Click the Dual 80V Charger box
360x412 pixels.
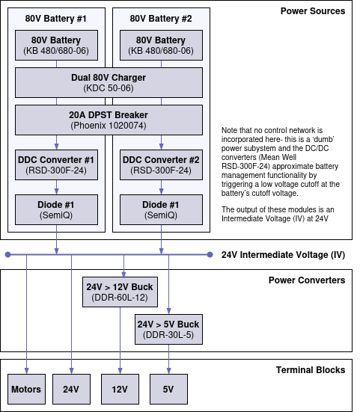[109, 83]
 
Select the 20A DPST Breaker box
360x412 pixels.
[109, 120]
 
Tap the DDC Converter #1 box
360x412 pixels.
[56, 165]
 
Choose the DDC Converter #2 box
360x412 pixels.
[161, 165]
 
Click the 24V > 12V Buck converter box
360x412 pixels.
[120, 292]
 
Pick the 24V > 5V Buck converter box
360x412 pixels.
[168, 329]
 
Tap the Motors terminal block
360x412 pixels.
[26, 390]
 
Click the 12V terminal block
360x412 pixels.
[120, 390]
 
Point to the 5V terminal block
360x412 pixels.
[168, 390]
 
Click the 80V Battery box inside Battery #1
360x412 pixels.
[56, 45]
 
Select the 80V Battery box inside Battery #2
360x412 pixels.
[161, 45]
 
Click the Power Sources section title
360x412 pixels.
[312, 11]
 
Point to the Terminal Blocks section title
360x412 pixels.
[309, 370]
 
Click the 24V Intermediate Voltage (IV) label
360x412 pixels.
[283, 255]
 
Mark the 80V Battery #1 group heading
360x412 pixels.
[56, 17]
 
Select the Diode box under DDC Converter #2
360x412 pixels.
[161, 209]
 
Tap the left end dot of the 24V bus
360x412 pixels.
[7, 255]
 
